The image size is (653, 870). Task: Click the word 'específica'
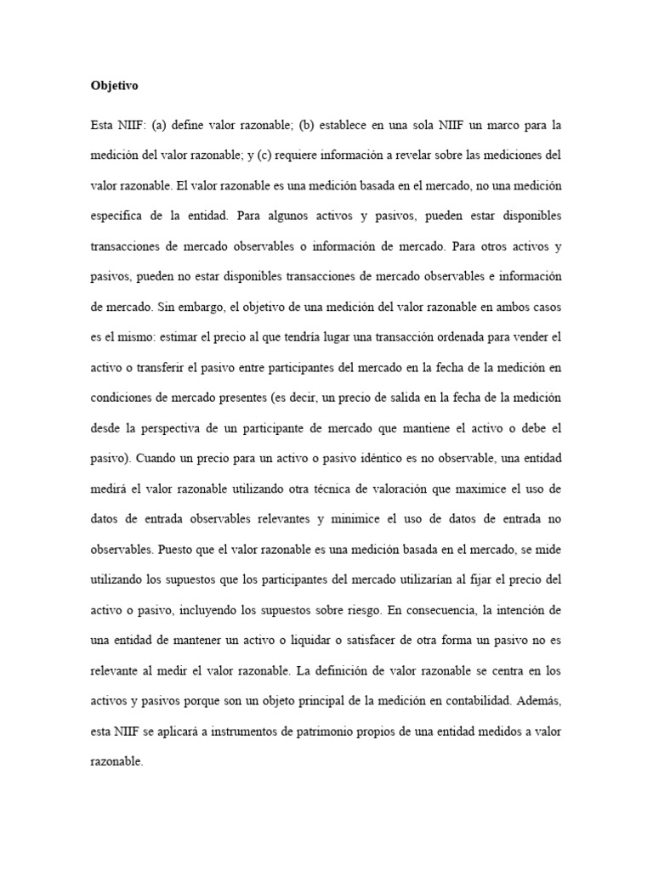click(121, 216)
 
